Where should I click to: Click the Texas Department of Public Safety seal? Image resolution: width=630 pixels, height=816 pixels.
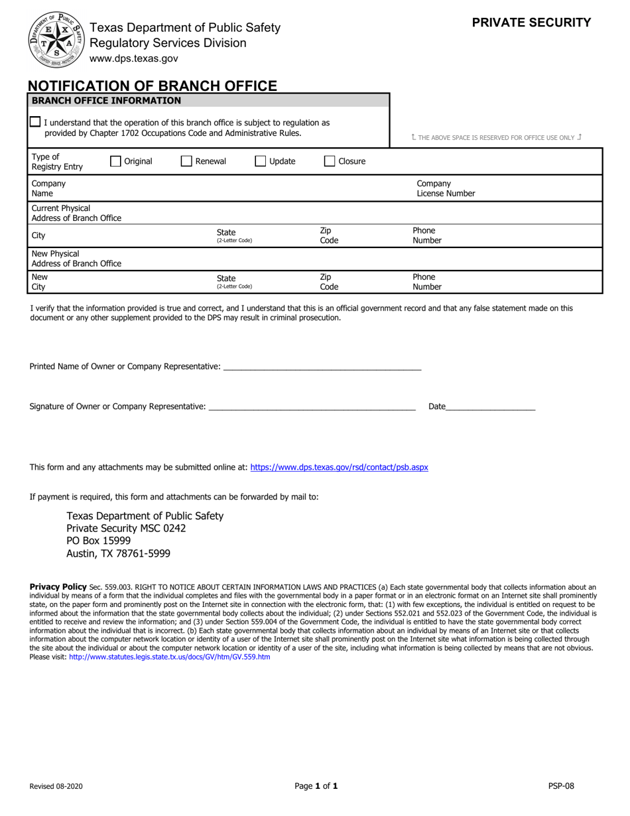click(56, 40)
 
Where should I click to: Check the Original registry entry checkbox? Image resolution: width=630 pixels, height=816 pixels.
click(115, 161)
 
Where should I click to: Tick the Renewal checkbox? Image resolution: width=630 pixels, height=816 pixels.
click(186, 161)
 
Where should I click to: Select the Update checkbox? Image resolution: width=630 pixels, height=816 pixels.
click(261, 161)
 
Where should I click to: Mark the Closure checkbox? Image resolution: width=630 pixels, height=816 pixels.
click(330, 161)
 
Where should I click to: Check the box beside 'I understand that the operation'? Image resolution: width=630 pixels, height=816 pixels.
click(35, 122)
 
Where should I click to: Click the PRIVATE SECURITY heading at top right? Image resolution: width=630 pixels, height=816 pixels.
click(531, 23)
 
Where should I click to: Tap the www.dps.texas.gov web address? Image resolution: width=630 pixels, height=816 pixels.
click(134, 58)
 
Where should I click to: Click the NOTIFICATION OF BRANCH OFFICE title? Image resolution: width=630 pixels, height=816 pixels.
click(153, 86)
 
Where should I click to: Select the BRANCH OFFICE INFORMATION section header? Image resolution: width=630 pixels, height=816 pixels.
click(106, 101)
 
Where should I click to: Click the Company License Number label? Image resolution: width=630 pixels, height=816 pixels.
click(446, 188)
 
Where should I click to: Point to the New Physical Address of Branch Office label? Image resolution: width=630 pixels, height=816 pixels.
click(76, 259)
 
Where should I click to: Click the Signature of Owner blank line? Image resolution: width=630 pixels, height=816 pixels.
click(312, 406)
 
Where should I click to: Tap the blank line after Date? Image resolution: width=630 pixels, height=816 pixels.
click(491, 406)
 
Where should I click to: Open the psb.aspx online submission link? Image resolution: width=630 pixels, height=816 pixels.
click(339, 467)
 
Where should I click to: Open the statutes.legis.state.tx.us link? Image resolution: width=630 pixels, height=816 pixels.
click(169, 657)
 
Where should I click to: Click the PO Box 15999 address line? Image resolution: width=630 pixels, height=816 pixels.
click(99, 541)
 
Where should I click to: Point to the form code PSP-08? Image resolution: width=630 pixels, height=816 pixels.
click(561, 786)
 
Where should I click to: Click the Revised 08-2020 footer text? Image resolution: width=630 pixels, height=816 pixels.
click(56, 786)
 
